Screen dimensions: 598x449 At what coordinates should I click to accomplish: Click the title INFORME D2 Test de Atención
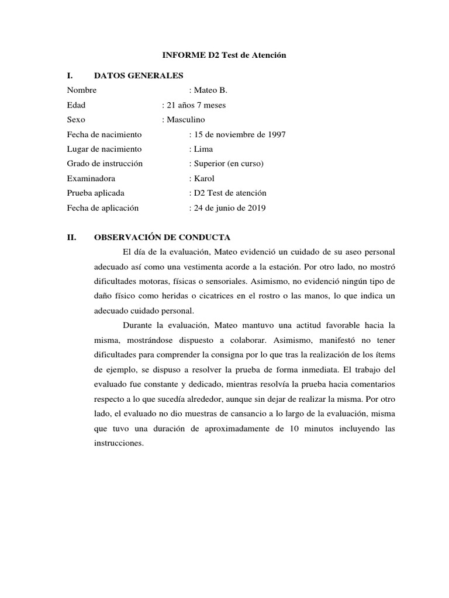(x=224, y=55)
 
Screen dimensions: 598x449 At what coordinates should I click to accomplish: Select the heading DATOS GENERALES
(x=139, y=75)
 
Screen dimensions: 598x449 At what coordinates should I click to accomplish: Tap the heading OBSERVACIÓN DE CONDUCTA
(x=162, y=237)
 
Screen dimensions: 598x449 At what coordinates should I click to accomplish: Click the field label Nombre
(x=82, y=91)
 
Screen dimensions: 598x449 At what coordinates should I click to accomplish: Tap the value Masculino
(x=185, y=120)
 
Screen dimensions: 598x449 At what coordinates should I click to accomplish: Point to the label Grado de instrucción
(x=105, y=164)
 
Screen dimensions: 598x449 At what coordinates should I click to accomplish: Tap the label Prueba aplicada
(x=96, y=193)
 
